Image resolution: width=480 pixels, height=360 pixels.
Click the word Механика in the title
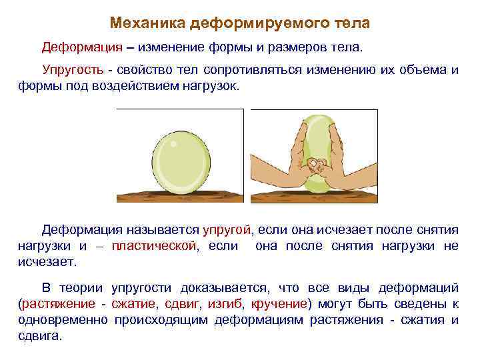click(x=147, y=23)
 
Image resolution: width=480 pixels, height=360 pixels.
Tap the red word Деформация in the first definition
click(x=82, y=47)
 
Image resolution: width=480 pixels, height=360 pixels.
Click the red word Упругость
click(x=73, y=71)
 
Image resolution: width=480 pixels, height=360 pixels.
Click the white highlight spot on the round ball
click(x=173, y=143)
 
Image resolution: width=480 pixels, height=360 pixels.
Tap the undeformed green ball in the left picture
click(x=181, y=162)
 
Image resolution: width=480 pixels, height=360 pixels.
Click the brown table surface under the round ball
click(x=180, y=196)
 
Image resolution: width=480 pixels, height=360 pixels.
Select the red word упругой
click(x=227, y=230)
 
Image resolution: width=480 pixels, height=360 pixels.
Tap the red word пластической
click(x=154, y=246)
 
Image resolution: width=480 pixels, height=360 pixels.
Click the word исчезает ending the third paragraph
click(x=46, y=263)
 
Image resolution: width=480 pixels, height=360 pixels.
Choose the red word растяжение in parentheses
click(x=59, y=304)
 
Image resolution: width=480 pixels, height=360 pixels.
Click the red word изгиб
click(x=225, y=304)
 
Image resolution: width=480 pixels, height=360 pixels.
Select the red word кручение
click(x=279, y=304)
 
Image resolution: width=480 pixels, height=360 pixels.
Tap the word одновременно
click(x=63, y=321)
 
